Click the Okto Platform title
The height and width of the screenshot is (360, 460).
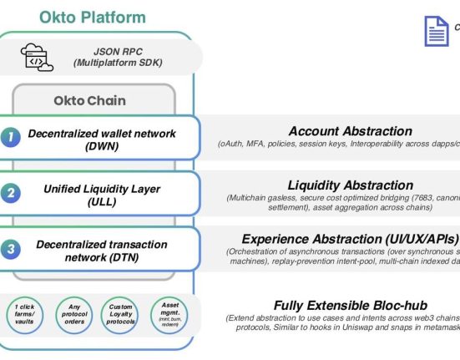tap(92, 17)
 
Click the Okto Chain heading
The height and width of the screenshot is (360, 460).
tap(89, 100)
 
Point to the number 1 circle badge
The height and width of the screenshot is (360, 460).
tap(10, 139)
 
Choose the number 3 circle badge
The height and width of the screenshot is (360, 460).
tap(10, 249)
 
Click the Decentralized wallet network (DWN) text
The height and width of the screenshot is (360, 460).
tap(101, 139)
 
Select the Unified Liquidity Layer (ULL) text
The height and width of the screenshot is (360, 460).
tap(102, 195)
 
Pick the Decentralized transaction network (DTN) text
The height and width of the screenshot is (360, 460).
tap(101, 250)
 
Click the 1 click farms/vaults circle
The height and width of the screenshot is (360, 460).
tap(26, 314)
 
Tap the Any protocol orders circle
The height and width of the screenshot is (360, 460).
tap(73, 314)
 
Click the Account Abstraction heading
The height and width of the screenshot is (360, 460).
tap(350, 131)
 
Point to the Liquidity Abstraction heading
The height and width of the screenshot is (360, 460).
tap(350, 185)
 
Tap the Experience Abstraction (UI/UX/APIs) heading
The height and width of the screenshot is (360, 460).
tap(350, 239)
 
